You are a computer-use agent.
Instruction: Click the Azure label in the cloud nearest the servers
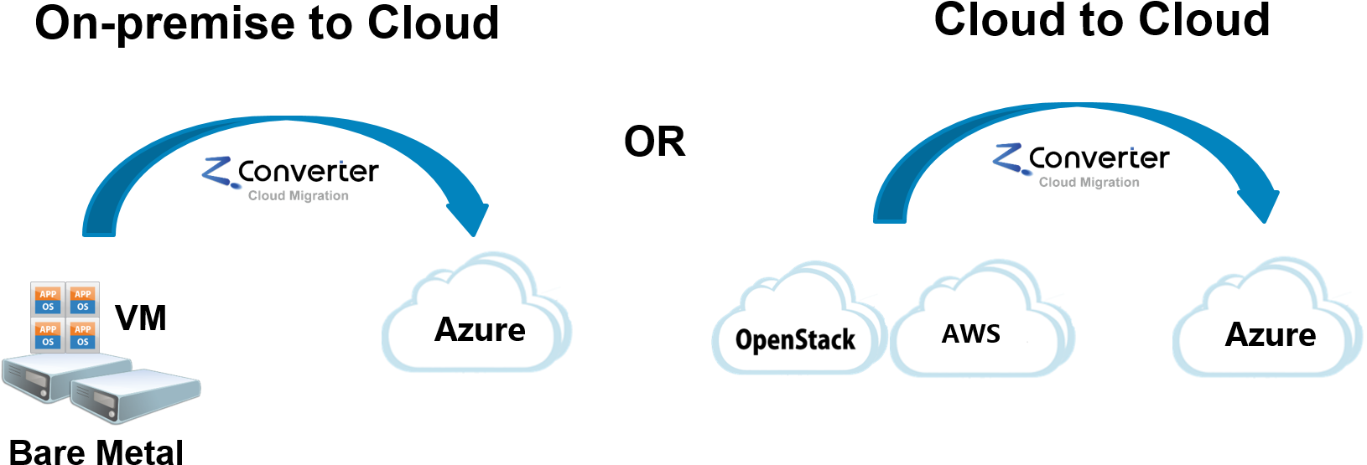[480, 330]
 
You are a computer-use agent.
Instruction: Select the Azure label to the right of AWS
[1270, 335]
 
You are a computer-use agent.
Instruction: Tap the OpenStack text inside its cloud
[795, 339]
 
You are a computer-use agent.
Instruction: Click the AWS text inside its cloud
[970, 334]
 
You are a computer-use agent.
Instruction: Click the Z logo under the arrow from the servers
[221, 172]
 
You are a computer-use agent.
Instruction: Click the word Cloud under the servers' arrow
[267, 196]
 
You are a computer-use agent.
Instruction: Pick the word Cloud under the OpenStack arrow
[1057, 183]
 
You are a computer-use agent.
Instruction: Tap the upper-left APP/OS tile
[48, 300]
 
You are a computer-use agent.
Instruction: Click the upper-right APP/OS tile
[82, 300]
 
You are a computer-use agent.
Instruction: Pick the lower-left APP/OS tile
[48, 335]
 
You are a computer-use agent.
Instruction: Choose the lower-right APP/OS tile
[82, 335]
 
